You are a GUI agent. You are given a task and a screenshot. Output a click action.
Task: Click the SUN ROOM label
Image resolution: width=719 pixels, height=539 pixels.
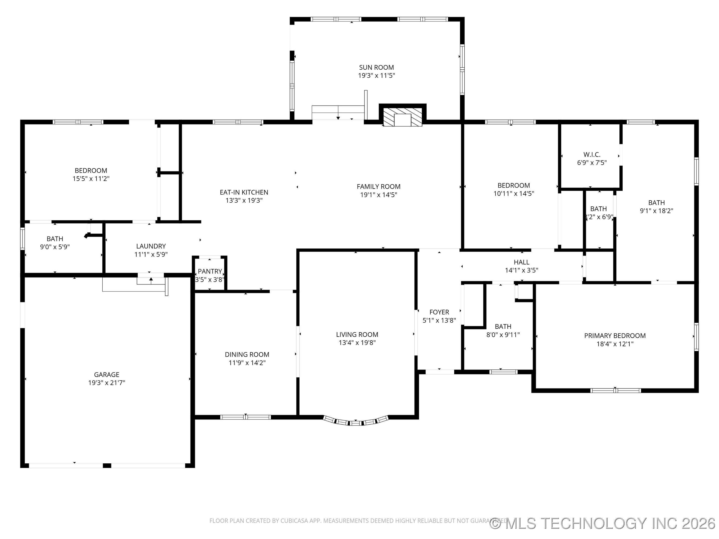[x=376, y=68]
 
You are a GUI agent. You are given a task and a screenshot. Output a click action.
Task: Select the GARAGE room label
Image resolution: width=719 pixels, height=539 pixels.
[x=107, y=375]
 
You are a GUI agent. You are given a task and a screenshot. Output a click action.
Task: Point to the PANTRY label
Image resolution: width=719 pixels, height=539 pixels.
[x=210, y=271]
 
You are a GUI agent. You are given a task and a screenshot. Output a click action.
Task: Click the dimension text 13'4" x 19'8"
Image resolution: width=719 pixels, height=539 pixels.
[x=357, y=342]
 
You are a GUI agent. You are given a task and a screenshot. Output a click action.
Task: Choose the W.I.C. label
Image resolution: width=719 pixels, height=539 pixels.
[x=592, y=155]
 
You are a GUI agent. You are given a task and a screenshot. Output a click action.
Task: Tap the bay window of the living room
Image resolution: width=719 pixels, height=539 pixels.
[x=356, y=421]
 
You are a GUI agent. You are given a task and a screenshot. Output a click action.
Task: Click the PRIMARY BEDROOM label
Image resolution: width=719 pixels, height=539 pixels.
[x=615, y=336]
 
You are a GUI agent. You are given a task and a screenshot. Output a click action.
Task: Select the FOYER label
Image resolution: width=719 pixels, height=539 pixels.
[x=439, y=312]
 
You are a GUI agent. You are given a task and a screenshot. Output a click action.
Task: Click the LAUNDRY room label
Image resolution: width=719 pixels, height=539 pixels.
[x=151, y=246]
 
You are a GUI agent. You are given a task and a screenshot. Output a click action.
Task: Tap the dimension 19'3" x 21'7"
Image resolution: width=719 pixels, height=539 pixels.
[x=107, y=383]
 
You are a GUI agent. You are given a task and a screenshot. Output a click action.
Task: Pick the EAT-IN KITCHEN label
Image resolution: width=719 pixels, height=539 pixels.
[x=244, y=192]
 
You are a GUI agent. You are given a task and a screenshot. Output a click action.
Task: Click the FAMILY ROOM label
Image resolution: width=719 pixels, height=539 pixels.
[x=379, y=186]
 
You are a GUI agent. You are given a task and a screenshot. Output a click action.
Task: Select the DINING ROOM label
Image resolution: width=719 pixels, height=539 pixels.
[x=247, y=354]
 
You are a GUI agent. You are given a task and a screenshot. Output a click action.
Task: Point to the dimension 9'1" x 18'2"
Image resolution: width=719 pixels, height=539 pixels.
[x=657, y=211]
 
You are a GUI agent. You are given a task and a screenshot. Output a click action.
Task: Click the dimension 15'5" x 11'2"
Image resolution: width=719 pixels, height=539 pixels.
[x=91, y=178]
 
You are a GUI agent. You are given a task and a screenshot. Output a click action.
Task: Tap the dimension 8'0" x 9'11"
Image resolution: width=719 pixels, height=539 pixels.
[x=503, y=335]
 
